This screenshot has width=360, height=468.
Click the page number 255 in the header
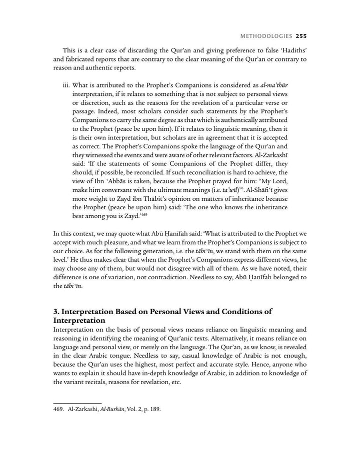301,36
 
